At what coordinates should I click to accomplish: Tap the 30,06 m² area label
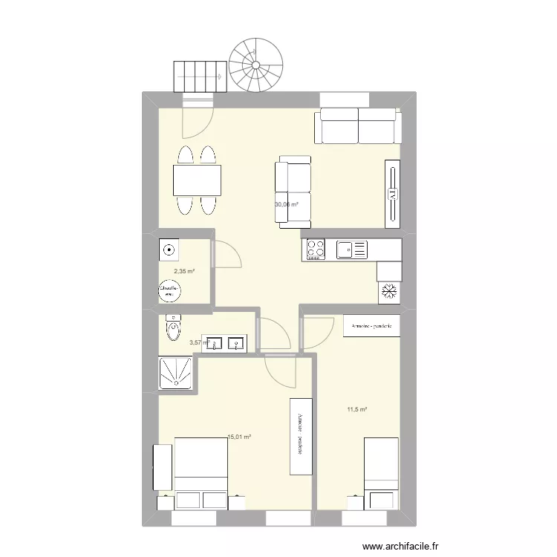click(286, 205)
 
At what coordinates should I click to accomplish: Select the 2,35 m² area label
click(184, 272)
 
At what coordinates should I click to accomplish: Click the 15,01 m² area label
click(239, 437)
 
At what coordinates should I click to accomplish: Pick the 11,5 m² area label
click(356, 409)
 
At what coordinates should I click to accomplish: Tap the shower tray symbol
click(175, 374)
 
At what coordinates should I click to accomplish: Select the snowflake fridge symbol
click(388, 292)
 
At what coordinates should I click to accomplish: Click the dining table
click(198, 180)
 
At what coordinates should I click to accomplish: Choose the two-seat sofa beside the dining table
click(292, 190)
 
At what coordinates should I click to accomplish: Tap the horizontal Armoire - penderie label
click(371, 326)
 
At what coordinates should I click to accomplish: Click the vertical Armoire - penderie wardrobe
click(300, 436)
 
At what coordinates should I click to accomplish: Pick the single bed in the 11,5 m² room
click(381, 473)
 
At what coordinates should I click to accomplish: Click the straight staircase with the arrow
click(199, 75)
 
